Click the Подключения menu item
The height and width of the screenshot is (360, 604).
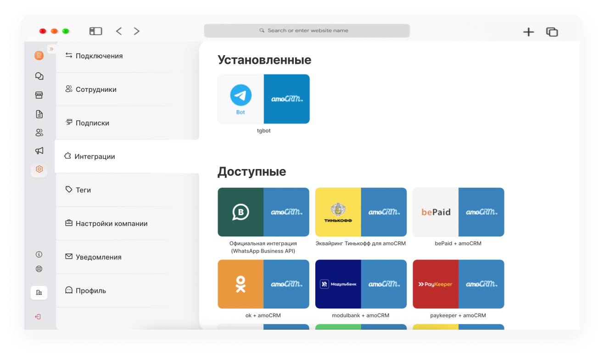94,56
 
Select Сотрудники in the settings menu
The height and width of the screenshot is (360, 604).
91,90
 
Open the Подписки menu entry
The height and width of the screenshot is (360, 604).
87,123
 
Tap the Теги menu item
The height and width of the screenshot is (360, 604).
78,190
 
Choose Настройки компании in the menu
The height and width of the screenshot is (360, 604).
106,224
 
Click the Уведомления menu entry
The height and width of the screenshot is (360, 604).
93,257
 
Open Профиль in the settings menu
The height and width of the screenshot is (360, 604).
86,290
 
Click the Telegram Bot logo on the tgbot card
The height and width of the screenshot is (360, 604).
241,99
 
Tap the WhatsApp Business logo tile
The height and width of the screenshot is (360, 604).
240,212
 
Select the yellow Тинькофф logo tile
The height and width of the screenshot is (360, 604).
338,212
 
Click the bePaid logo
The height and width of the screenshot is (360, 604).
436,212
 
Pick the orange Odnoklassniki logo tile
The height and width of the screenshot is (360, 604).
240,284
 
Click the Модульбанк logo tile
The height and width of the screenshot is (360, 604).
338,284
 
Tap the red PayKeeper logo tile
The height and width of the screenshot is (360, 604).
436,284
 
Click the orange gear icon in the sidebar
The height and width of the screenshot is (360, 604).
39,169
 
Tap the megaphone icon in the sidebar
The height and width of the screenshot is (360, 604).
39,151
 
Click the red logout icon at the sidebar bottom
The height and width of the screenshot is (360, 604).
38,316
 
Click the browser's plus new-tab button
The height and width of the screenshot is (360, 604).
529,32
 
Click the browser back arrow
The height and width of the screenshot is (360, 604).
119,31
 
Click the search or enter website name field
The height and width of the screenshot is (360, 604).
307,30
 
